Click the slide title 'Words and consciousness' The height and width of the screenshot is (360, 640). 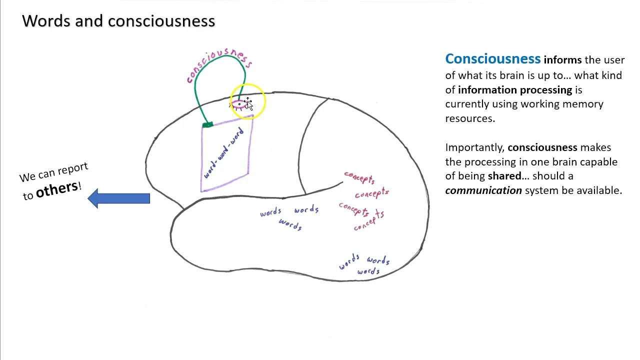(x=118, y=21)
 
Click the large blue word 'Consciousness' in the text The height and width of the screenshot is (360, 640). (x=492, y=59)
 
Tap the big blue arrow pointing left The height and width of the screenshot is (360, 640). (x=118, y=198)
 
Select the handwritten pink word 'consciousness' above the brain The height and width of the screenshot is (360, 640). (x=219, y=64)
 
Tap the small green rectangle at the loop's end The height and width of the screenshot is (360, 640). (x=207, y=124)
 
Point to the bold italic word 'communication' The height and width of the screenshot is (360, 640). (x=483, y=190)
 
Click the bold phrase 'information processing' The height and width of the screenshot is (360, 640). (x=514, y=90)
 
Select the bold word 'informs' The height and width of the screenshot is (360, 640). (x=562, y=60)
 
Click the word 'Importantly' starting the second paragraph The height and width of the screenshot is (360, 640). (x=474, y=147)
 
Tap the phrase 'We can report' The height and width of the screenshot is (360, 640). (x=53, y=172)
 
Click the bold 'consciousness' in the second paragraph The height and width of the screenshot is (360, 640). (x=542, y=147)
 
